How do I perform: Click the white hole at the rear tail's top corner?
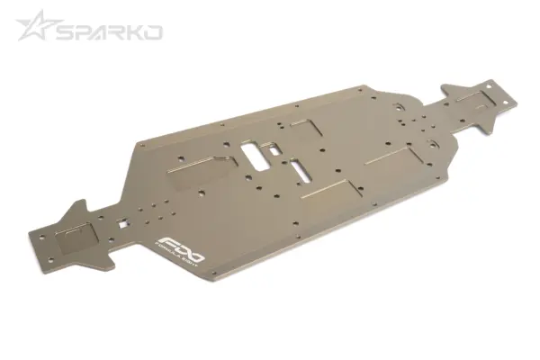coord(490,85)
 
